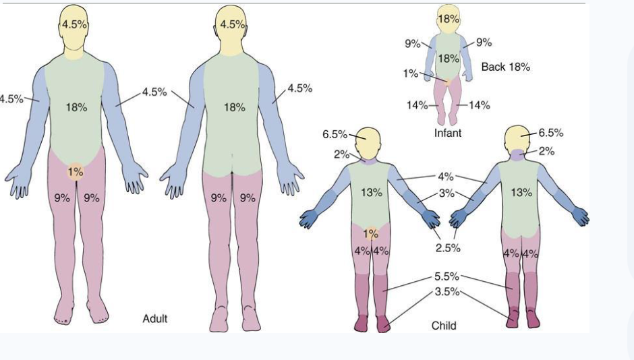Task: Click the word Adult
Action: pyautogui.click(x=155, y=319)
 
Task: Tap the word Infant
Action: pyautogui.click(x=448, y=133)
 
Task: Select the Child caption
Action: pyautogui.click(x=444, y=326)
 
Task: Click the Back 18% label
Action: pyautogui.click(x=505, y=67)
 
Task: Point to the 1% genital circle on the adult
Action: pyautogui.click(x=76, y=172)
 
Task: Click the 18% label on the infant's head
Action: pyautogui.click(x=449, y=19)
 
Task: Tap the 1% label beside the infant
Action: pyautogui.click(x=410, y=73)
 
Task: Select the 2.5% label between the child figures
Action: pyautogui.click(x=448, y=247)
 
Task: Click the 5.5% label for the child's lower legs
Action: pyautogui.click(x=446, y=276)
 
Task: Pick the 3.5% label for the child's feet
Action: pyautogui.click(x=447, y=292)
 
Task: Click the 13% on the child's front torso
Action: pyautogui.click(x=372, y=193)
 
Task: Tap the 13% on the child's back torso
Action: pyautogui.click(x=521, y=193)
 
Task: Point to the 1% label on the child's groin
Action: pyautogui.click(x=371, y=234)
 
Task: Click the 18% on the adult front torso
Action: pyautogui.click(x=76, y=107)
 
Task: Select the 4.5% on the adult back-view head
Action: pyautogui.click(x=233, y=25)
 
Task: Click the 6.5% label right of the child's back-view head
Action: pyautogui.click(x=551, y=133)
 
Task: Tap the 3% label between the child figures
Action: pyautogui.click(x=446, y=193)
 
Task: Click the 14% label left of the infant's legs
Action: pyautogui.click(x=417, y=105)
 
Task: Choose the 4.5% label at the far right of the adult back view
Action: pyautogui.click(x=299, y=88)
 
